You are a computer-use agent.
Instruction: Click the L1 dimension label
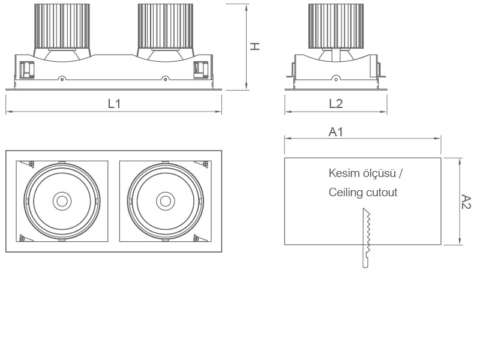point(114,103)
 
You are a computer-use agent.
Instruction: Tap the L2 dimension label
point(335,103)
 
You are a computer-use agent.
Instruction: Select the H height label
point(255,46)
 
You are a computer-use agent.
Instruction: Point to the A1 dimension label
point(336,131)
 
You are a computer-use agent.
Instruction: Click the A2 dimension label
point(466,202)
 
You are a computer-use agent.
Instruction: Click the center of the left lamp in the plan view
point(61,201)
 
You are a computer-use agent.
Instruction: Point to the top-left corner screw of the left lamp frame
point(32,164)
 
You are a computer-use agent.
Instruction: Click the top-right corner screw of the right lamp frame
point(205,164)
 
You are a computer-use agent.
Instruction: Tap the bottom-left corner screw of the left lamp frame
point(23,238)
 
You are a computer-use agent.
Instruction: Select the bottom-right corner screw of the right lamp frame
point(196,238)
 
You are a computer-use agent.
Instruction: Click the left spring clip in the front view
point(26,70)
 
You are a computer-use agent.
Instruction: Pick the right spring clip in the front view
point(200,70)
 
